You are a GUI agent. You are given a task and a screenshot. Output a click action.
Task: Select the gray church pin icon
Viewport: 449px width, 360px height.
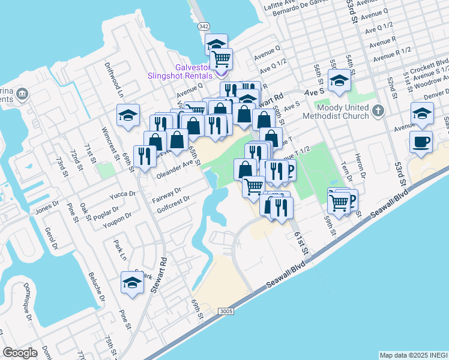tap(378, 111)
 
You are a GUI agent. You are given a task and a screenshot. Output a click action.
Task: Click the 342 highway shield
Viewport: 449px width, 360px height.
tap(204, 26)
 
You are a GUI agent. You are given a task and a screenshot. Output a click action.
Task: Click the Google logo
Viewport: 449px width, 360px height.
tap(20, 353)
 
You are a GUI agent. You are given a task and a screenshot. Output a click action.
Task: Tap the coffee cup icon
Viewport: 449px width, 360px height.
tap(420, 142)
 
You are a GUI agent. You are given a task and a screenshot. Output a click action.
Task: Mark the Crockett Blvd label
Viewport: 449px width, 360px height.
tap(434, 62)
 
